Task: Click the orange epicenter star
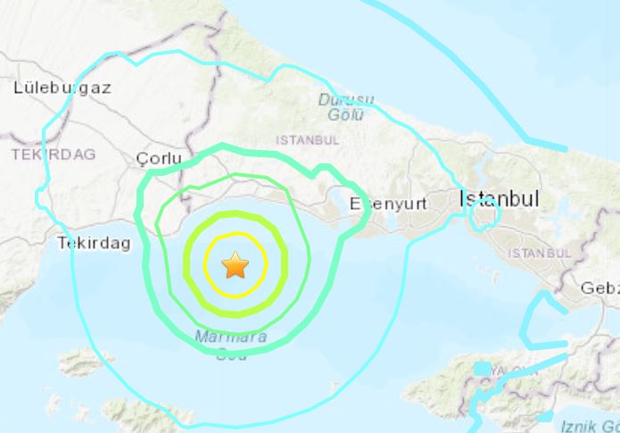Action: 235,264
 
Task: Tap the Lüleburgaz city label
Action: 62,87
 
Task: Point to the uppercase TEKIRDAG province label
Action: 53,154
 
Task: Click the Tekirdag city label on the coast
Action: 94,242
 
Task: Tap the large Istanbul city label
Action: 499,199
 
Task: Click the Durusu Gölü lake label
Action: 346,107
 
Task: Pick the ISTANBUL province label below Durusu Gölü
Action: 307,140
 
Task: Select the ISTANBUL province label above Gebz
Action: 539,254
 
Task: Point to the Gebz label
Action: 599,288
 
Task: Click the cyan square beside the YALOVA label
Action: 483,369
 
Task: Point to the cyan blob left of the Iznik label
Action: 544,417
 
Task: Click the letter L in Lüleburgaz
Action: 19,87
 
